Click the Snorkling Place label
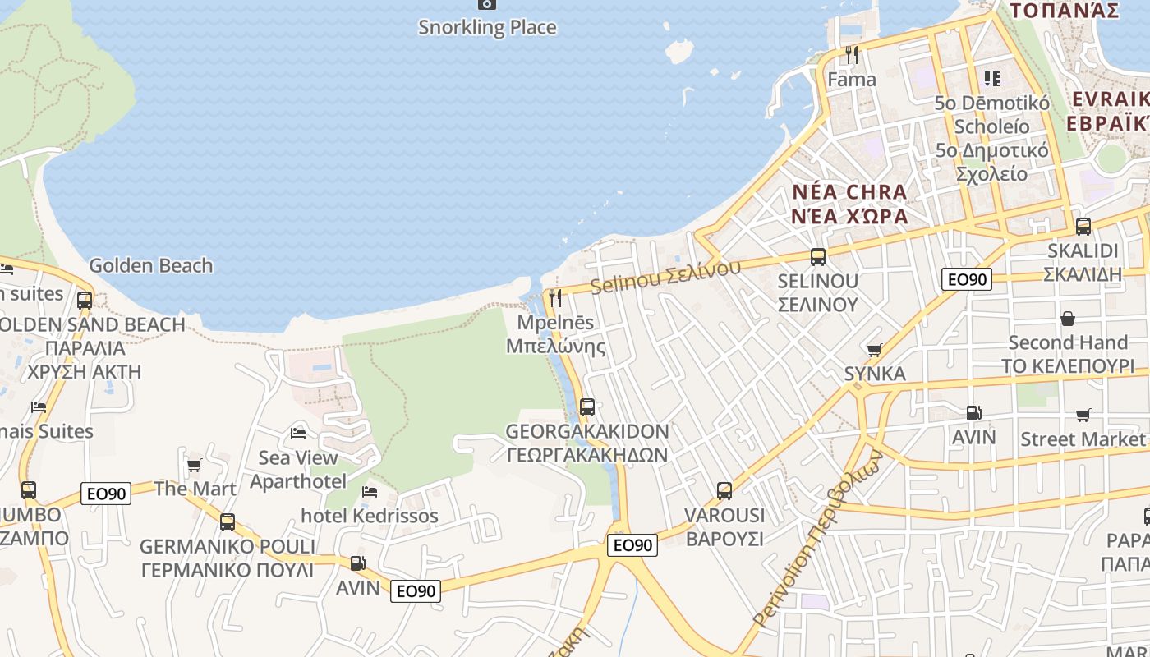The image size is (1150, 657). pyautogui.click(x=487, y=27)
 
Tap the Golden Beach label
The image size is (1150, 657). pyautogui.click(x=150, y=265)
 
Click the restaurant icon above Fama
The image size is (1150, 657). pyautogui.click(x=852, y=55)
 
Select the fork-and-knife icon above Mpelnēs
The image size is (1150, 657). pyautogui.click(x=556, y=297)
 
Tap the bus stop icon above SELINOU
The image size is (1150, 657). pyautogui.click(x=818, y=256)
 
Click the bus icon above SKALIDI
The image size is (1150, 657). pyautogui.click(x=1083, y=227)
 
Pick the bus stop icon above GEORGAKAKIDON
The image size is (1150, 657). pyautogui.click(x=586, y=407)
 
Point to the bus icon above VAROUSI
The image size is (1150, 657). pyautogui.click(x=724, y=491)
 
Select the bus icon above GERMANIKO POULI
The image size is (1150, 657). pyautogui.click(x=228, y=521)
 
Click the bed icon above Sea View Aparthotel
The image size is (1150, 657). pyautogui.click(x=298, y=433)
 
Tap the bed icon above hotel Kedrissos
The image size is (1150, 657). pyautogui.click(x=370, y=491)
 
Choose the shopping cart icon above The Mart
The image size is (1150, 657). pyautogui.click(x=195, y=466)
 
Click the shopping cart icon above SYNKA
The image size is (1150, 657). pyautogui.click(x=874, y=350)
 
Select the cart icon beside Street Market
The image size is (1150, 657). pyautogui.click(x=1083, y=416)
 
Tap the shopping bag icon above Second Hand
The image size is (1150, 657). pyautogui.click(x=1068, y=318)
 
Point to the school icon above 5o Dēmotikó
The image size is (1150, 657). pyautogui.click(x=992, y=79)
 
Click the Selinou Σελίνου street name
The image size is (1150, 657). pyautogui.click(x=665, y=277)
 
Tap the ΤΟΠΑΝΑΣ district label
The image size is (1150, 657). pyautogui.click(x=1065, y=11)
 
